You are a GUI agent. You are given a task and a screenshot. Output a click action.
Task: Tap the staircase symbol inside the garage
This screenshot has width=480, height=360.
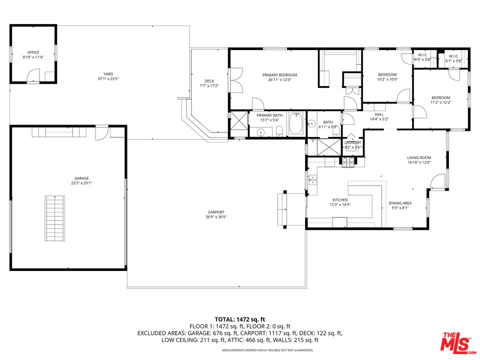click(52, 218)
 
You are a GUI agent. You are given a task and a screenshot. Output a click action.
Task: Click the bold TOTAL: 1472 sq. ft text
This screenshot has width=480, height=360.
click(239, 319)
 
